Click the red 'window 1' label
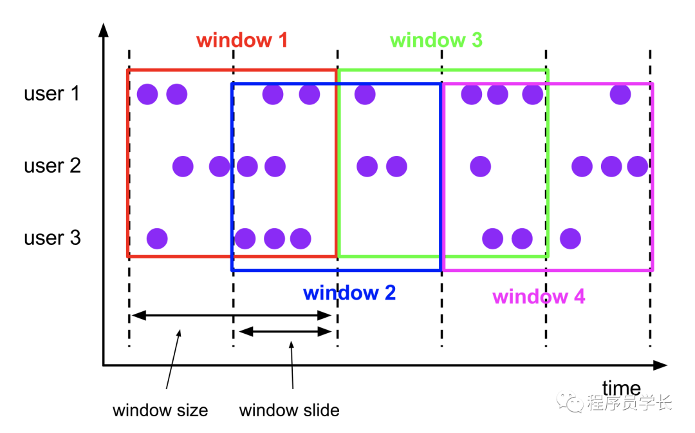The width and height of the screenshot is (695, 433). coord(242,40)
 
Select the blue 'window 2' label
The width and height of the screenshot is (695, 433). coord(349,293)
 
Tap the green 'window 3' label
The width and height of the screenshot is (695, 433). coord(436,40)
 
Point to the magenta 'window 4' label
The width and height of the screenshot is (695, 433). coord(539,297)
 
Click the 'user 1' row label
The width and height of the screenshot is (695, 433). coord(52,94)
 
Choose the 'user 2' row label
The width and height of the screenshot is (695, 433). coord(52,166)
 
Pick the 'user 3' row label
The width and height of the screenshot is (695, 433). coord(52,238)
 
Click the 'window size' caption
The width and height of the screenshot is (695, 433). coord(160,410)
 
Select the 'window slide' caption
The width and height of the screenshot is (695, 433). coord(289,410)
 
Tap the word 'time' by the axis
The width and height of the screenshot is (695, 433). coord(622,389)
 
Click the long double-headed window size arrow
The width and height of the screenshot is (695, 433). coord(231,316)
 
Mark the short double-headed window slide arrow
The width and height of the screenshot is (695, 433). coord(285,332)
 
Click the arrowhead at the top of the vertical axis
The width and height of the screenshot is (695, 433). coord(103,28)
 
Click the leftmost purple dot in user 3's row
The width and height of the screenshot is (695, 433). coord(157,239)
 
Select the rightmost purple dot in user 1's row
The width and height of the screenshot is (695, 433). coord(620,95)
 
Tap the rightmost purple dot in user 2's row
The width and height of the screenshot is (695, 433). coord(638,166)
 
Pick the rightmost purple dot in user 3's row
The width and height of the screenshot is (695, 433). coord(570,238)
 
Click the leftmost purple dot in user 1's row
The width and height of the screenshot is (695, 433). coord(147,95)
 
